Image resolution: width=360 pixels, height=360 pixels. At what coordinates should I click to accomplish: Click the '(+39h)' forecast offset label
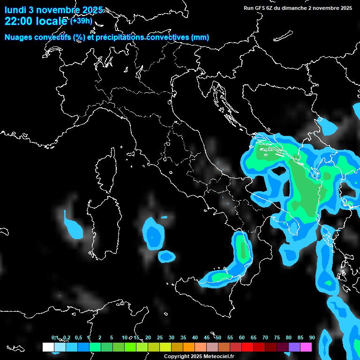[82, 21]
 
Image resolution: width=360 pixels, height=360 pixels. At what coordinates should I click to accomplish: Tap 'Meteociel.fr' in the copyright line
[218, 356]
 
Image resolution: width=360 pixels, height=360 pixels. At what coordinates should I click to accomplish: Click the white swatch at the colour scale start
[48, 347]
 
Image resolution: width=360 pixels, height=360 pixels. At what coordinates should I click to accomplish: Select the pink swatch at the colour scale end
[306, 347]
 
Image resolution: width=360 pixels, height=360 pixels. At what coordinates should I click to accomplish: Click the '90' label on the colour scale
[312, 337]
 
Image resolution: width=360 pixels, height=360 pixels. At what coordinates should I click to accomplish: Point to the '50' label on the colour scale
[218, 337]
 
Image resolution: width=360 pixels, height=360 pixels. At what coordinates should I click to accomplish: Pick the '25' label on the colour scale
[160, 337]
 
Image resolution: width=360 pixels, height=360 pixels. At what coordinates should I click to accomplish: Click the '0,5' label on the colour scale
[78, 337]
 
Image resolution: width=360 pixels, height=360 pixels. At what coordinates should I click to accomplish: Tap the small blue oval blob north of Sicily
[166, 256]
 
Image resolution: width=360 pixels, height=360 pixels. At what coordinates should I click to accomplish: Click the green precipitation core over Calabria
[242, 248]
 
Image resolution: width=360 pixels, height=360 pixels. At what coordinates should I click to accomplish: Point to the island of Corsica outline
[107, 171]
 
